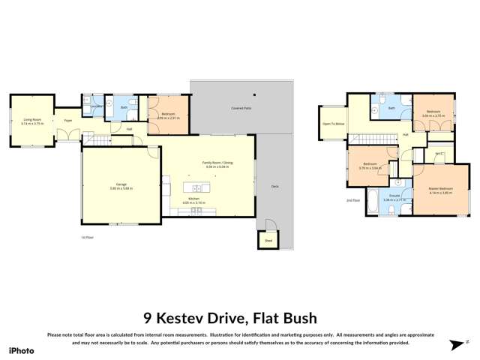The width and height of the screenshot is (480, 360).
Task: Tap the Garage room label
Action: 121,184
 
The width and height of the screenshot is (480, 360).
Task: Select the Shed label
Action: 268,241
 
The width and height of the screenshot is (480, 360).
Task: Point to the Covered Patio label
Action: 240,108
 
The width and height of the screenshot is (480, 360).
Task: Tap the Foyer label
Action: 67,120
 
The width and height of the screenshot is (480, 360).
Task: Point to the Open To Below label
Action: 333,123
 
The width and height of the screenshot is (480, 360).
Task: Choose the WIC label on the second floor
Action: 440,154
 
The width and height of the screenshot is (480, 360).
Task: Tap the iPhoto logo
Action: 22,350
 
